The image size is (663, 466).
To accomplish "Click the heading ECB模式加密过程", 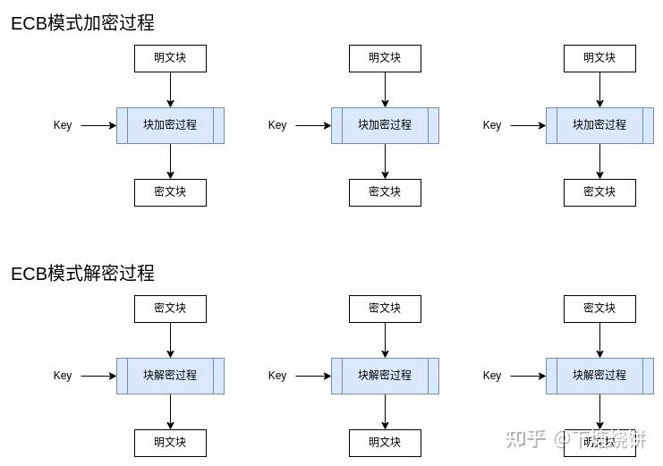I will pyautogui.click(x=82, y=23).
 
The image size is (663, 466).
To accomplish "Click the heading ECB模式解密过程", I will pyautogui.click(x=82, y=273).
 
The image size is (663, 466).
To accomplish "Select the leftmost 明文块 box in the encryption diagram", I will pyautogui.click(x=170, y=58).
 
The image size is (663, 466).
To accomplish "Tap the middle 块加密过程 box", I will pyautogui.click(x=385, y=125).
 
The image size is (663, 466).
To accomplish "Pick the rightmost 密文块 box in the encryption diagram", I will pyautogui.click(x=599, y=192).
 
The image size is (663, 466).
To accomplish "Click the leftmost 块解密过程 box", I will pyautogui.click(x=170, y=376).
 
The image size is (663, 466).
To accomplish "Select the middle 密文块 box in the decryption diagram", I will pyautogui.click(x=385, y=309).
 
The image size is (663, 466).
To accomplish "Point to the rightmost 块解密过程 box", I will pyautogui.click(x=599, y=376).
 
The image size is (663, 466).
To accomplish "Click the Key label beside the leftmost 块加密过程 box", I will pyautogui.click(x=63, y=125).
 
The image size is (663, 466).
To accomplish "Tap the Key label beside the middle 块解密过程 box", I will pyautogui.click(x=277, y=376).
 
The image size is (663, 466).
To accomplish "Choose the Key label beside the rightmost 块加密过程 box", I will pyautogui.click(x=492, y=125).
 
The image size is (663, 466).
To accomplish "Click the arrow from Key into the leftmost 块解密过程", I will pyautogui.click(x=98, y=376).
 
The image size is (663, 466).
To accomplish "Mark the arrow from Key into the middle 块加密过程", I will pyautogui.click(x=313, y=125).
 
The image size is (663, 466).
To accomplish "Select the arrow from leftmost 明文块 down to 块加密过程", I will pyautogui.click(x=170, y=89).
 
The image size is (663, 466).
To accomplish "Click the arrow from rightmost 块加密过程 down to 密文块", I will pyautogui.click(x=599, y=161).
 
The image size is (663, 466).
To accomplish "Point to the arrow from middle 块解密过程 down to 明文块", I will pyautogui.click(x=385, y=411).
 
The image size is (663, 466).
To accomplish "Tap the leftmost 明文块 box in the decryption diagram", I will pyautogui.click(x=170, y=443).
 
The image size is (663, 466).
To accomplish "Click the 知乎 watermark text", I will pyautogui.click(x=525, y=439).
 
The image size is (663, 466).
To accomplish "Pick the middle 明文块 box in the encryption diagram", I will pyautogui.click(x=385, y=58).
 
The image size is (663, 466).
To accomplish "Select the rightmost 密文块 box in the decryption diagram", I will pyautogui.click(x=599, y=309).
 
